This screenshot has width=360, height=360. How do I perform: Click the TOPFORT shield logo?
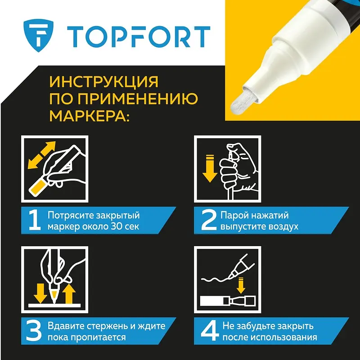(x=38, y=36)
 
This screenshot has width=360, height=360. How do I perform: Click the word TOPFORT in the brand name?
(x=139, y=37)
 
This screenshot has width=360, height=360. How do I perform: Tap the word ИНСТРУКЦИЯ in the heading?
(x=104, y=82)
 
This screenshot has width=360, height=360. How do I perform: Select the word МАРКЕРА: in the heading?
(x=90, y=116)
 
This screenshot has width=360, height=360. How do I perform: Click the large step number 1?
(x=35, y=220)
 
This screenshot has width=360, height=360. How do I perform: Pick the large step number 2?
(x=209, y=220)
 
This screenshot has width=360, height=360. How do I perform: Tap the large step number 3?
(x=34, y=331)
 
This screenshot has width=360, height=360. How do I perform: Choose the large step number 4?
(x=210, y=331)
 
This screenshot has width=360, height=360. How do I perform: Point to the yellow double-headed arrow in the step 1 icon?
(x=42, y=155)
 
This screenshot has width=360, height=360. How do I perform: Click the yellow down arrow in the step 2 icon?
(x=210, y=169)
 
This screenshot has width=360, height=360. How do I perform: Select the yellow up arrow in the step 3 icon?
(x=69, y=294)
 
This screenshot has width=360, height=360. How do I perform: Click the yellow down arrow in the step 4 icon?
(x=241, y=285)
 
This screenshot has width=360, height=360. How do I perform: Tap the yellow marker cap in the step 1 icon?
(x=38, y=188)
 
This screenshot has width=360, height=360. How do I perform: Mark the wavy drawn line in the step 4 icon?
(x=216, y=279)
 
